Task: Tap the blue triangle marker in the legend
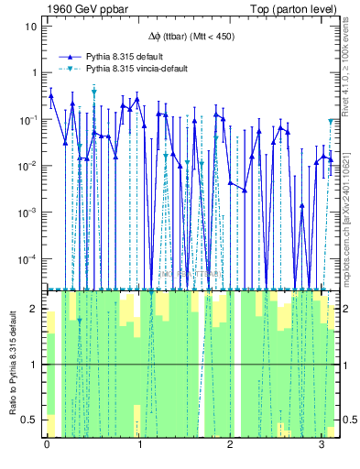pyautogui.click(x=70, y=56)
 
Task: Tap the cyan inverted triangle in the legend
pyautogui.click(x=70, y=69)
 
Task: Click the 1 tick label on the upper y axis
pyautogui.click(x=34, y=73)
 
